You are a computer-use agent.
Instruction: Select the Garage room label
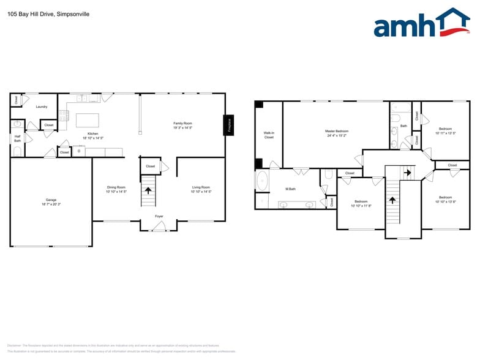coord(51,200)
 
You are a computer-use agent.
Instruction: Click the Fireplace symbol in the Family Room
coord(230,125)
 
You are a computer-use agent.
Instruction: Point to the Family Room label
coord(182,123)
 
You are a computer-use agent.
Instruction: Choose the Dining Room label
coord(116,187)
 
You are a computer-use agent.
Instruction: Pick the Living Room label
coord(201,187)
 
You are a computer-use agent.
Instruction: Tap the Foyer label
coord(159,216)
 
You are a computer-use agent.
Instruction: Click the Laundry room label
coord(42,107)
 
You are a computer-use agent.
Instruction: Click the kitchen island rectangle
coord(87,119)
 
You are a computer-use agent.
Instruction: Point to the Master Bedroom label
coord(337,131)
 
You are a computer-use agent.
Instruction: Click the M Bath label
coord(291,189)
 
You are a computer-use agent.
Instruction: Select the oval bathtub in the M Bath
coord(263,181)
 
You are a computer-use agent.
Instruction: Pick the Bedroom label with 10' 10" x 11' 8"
coord(361,201)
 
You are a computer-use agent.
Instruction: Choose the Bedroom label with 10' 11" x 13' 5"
coord(445,129)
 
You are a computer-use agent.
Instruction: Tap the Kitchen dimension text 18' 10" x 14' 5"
coord(93,138)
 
